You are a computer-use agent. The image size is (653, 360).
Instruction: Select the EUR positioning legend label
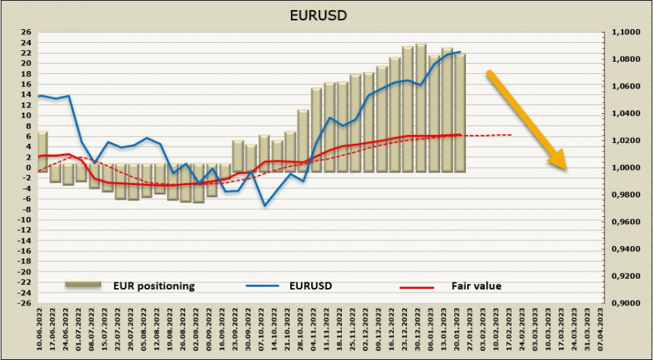tap(154, 286)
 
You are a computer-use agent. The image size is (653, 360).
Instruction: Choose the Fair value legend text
tap(477, 286)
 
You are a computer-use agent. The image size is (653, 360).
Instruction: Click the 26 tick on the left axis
tap(25, 33)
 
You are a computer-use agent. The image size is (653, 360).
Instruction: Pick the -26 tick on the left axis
tap(24, 303)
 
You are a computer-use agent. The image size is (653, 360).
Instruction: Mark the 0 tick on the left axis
tap(28, 168)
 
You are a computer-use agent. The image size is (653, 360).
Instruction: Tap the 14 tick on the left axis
tap(25, 95)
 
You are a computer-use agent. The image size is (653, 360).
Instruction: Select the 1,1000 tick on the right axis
tap(621, 33)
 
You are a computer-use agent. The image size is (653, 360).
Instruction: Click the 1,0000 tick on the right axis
tap(621, 168)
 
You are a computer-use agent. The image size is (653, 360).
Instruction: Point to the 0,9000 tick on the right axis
tap(621, 303)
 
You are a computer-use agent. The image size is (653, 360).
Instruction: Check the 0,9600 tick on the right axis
tap(621, 222)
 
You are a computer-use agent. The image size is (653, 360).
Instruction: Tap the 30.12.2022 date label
tap(421, 330)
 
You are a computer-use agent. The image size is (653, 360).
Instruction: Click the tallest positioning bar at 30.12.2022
tap(421, 107)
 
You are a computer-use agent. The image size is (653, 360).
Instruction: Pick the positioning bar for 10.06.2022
tap(42, 152)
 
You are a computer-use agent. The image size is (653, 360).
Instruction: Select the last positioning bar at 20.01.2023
tap(460, 112)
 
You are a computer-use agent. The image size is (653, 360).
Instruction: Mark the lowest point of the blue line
tap(264, 205)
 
